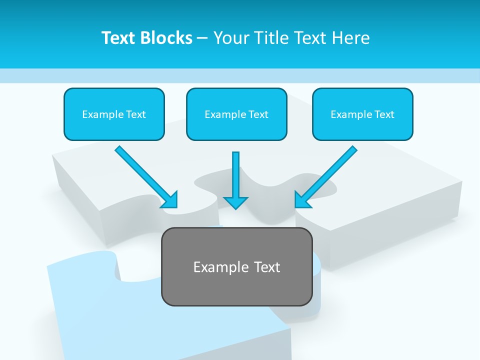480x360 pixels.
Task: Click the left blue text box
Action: click(x=114, y=114)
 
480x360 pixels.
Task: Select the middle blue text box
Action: click(x=236, y=114)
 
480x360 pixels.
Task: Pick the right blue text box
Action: click(x=362, y=114)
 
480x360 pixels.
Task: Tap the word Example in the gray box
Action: click(x=217, y=267)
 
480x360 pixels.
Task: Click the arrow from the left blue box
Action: click(x=145, y=176)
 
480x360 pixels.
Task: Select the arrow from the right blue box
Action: click(x=326, y=176)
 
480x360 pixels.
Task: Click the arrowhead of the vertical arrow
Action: click(x=235, y=202)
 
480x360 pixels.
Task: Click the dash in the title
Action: click(x=202, y=38)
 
